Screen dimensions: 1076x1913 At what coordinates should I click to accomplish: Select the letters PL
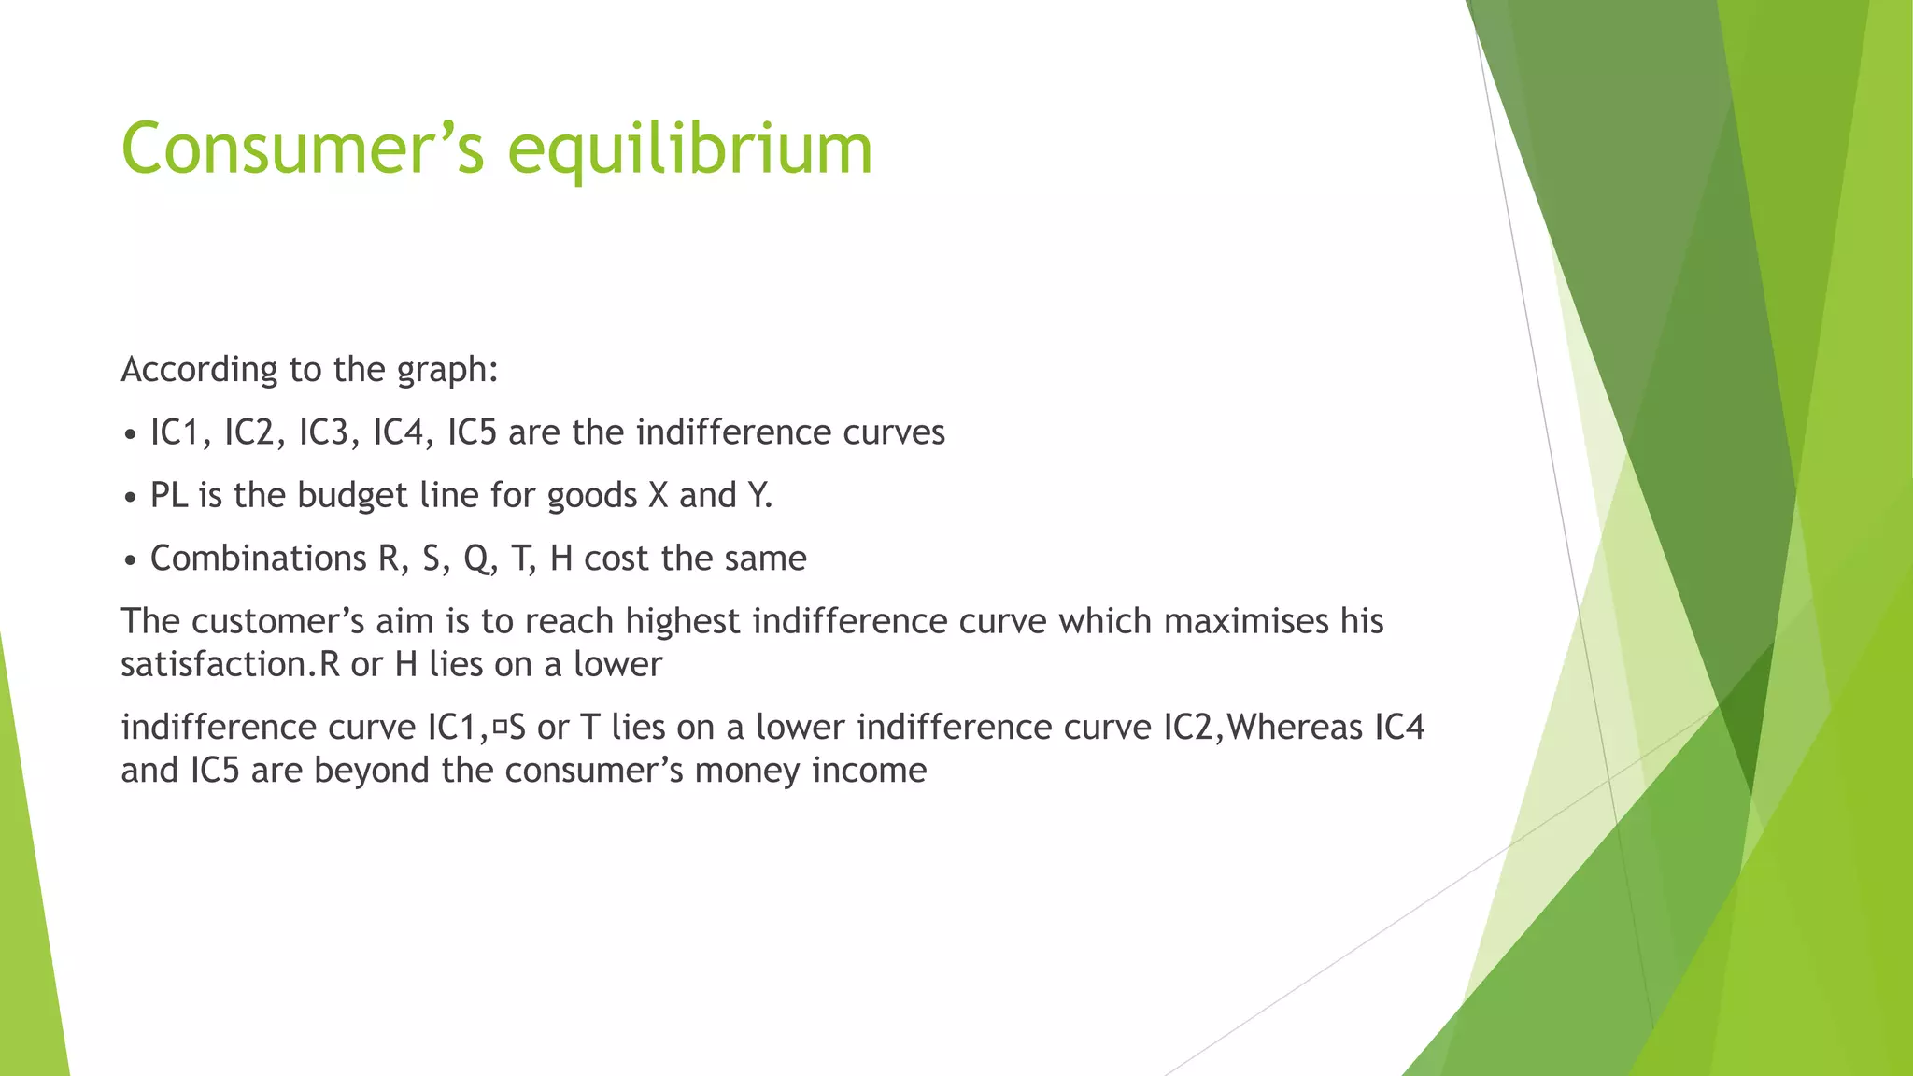[x=169, y=496]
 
